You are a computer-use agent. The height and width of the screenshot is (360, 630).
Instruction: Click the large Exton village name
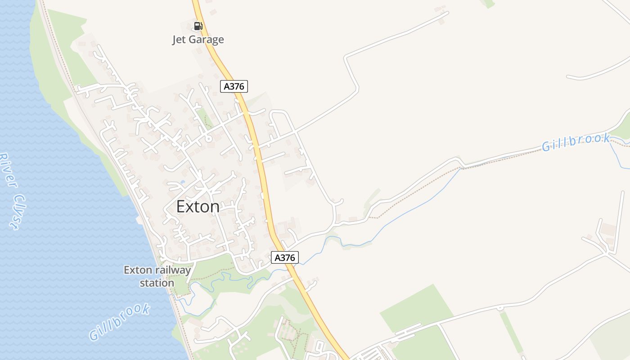(x=198, y=207)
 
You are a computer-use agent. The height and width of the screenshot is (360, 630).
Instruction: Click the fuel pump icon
(x=198, y=26)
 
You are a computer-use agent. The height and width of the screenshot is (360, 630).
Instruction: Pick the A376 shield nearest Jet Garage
(x=234, y=86)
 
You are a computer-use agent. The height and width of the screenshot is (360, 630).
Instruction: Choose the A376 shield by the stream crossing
(x=285, y=257)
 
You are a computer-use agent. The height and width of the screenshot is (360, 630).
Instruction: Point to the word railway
(x=174, y=270)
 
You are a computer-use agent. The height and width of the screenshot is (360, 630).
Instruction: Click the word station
(x=157, y=283)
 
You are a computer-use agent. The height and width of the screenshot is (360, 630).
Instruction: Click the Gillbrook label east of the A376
(x=576, y=142)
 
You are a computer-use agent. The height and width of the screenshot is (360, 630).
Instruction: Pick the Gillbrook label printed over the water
(x=119, y=322)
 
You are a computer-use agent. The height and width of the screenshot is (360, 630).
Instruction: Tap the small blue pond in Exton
(x=182, y=182)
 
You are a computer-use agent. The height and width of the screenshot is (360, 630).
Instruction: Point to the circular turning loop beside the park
(x=208, y=139)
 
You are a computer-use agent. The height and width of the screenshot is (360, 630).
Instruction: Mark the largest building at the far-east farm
(x=608, y=229)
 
